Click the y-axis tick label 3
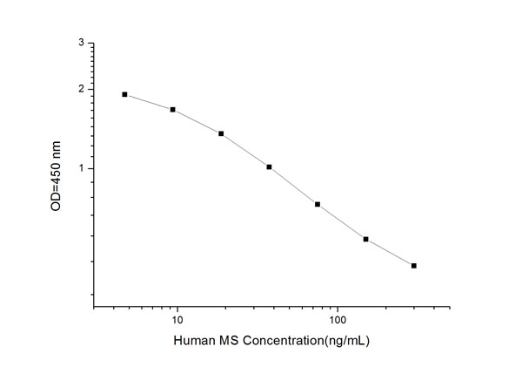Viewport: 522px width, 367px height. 81,43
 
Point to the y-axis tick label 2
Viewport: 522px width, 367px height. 81,89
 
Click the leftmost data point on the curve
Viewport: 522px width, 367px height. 125,94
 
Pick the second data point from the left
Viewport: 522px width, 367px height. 173,110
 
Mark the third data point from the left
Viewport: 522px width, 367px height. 221,133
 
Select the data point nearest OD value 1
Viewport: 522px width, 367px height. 269,167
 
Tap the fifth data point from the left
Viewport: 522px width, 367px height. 318,204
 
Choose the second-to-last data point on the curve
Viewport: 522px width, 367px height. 365,239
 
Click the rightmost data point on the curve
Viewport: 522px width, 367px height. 413,265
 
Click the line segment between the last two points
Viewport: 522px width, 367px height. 390,253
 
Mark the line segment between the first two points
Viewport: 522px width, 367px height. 150,101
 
